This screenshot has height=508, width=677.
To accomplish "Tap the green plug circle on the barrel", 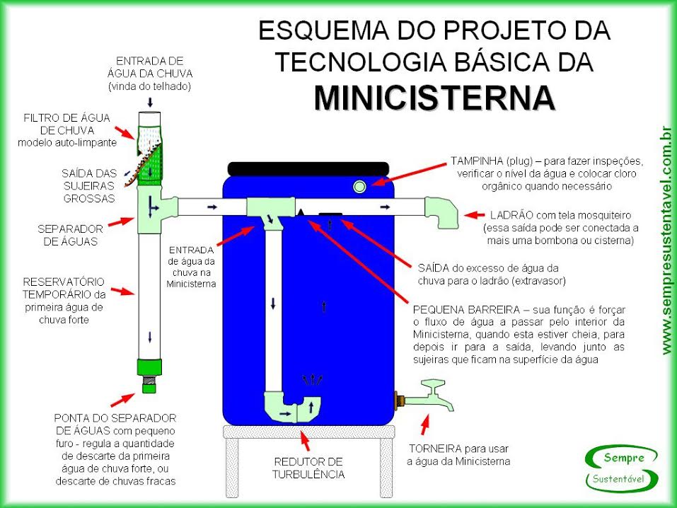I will click(359, 186).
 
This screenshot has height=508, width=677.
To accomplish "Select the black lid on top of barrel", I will click(308, 168).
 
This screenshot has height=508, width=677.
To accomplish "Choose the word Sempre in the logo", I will click(623, 458).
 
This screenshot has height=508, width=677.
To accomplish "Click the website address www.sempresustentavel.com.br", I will click(665, 241).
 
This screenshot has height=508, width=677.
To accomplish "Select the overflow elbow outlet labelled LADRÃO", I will click(441, 212).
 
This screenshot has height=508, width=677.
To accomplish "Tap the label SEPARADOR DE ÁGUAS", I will click(71, 235).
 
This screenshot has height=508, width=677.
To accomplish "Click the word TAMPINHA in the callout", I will click(477, 160).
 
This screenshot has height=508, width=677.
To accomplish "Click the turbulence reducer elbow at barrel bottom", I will click(292, 406).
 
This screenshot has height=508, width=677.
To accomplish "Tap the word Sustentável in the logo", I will click(622, 480).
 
